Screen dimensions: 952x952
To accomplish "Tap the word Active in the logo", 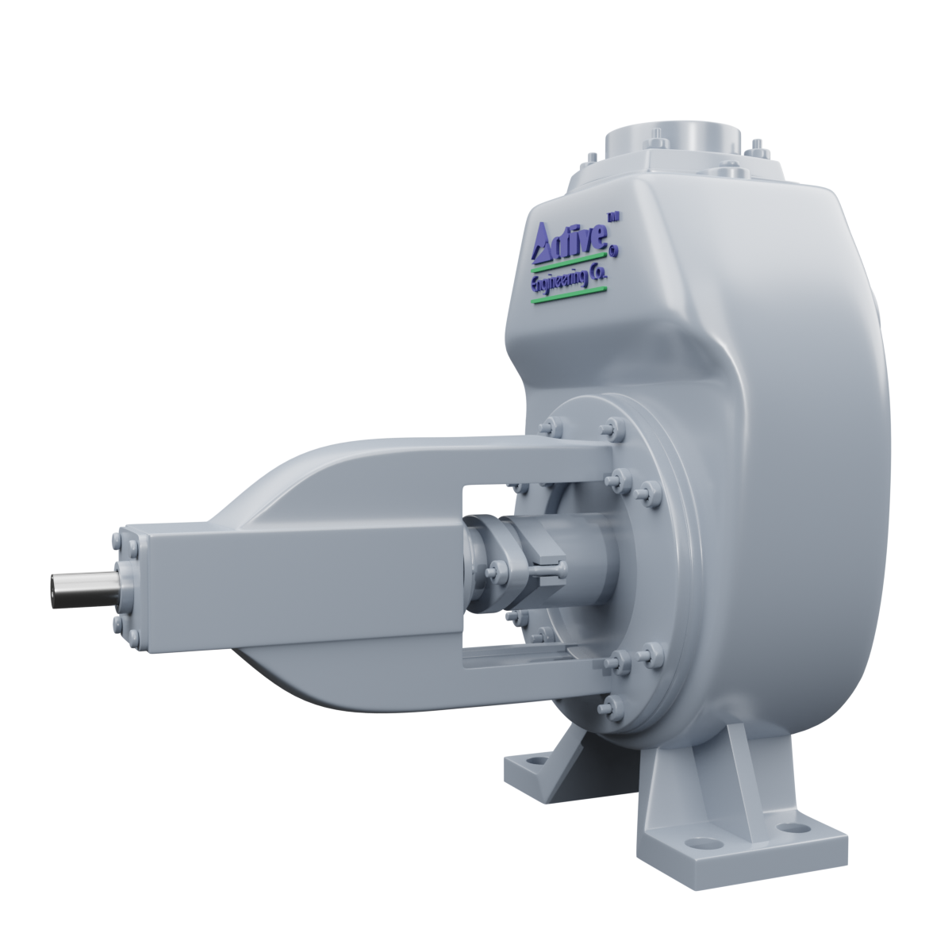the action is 571,242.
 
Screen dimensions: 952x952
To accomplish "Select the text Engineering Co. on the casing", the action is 567,280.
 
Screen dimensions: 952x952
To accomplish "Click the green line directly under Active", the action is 568,263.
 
